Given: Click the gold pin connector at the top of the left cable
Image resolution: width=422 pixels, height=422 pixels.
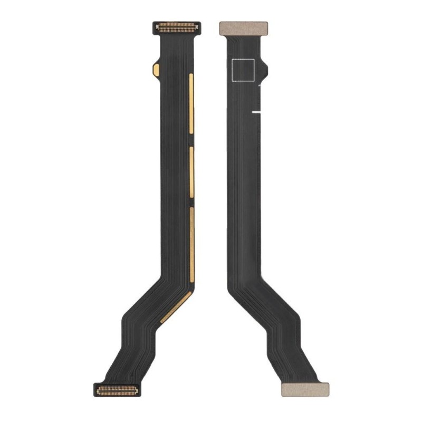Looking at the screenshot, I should pos(177,26).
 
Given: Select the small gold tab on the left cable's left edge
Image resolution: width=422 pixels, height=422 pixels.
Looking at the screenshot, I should pos(156,69).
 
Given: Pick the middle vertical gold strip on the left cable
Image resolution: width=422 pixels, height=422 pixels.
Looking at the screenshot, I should pos(191,172).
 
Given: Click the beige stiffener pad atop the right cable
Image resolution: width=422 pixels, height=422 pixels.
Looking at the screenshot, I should pos(243,28).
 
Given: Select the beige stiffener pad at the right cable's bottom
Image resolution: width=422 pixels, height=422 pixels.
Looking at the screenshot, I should pos(304,389).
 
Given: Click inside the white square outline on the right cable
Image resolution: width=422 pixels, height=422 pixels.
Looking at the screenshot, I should pos(243,70).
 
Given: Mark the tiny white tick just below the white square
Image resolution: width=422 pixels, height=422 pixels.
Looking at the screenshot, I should pos(260,83).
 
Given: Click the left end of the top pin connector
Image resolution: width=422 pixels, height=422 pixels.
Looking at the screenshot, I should pos(157,26).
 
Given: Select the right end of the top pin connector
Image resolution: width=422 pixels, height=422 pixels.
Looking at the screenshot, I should pos(197,26).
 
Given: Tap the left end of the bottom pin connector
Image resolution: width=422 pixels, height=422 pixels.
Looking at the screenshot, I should pos(97,390).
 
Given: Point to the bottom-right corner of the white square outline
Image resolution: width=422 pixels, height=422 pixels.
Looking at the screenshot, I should pos(254,81).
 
